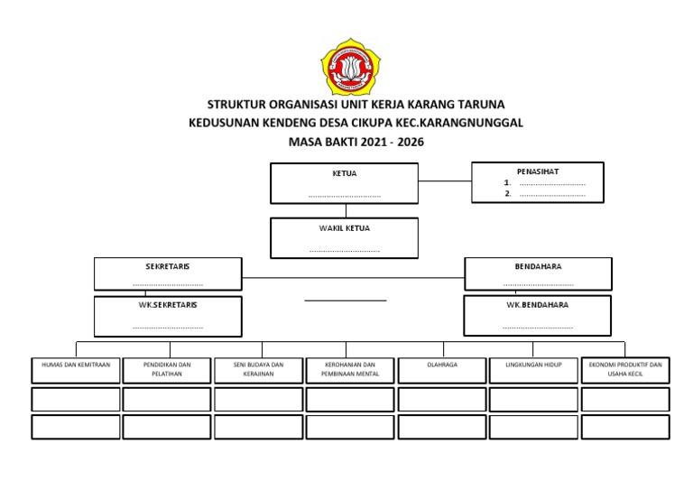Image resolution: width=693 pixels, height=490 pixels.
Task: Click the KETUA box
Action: (x=344, y=183)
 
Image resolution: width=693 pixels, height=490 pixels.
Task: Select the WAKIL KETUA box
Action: (x=344, y=238)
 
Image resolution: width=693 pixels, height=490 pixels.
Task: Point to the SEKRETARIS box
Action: (x=168, y=273)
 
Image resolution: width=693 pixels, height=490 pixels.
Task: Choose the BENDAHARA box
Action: (x=538, y=273)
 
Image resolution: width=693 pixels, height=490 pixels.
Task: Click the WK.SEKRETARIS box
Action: (x=168, y=316)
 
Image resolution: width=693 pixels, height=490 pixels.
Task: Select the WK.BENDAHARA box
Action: (x=538, y=316)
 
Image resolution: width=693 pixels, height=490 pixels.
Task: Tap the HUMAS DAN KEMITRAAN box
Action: (x=76, y=370)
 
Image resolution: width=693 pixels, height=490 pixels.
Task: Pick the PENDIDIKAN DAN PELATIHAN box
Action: (x=168, y=370)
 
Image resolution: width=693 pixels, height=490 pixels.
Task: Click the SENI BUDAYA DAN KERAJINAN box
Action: (x=259, y=370)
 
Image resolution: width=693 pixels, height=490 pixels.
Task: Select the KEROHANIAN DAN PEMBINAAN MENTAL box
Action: (x=350, y=370)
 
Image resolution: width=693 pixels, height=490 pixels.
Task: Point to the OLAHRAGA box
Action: (x=442, y=370)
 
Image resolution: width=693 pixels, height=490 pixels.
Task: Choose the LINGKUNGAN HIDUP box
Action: (x=533, y=370)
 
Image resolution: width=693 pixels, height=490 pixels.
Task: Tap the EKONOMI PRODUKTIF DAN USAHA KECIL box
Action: (x=625, y=370)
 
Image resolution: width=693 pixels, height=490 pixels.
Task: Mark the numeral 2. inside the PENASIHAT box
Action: (x=509, y=193)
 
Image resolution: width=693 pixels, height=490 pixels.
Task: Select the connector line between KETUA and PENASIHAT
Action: (x=445, y=180)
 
